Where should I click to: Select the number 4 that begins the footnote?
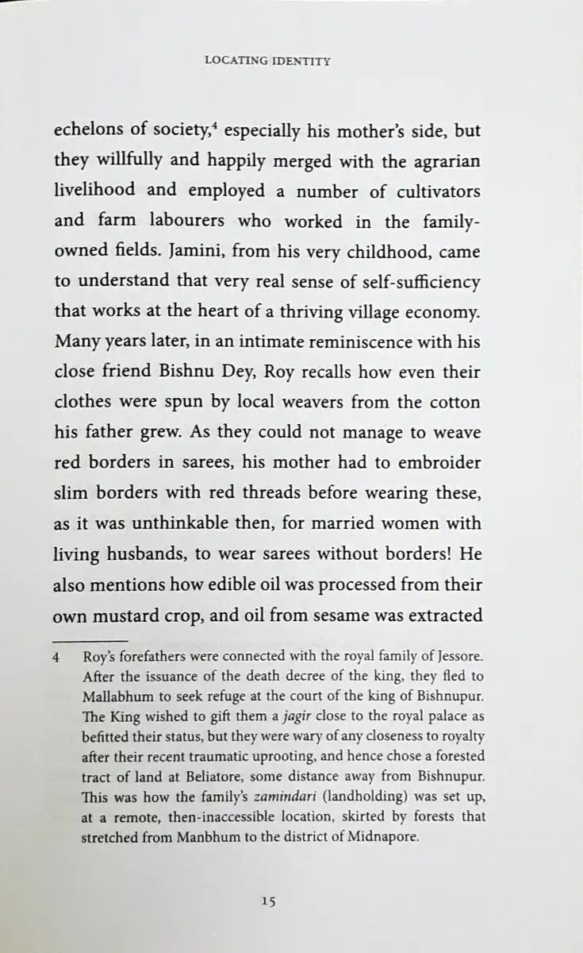point(56,658)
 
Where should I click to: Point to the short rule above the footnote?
point(90,639)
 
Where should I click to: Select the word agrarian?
point(446,160)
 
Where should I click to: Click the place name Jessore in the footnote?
point(456,658)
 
